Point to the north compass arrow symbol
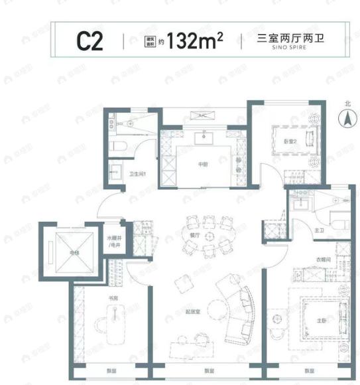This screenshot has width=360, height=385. pos(346,120)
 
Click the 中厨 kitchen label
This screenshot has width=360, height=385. pos(204,164)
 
